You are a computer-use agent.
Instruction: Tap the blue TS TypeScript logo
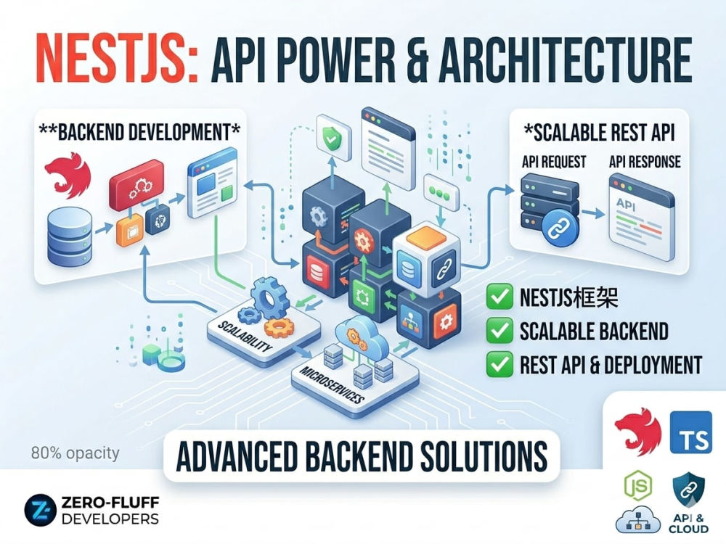pyautogui.click(x=691, y=432)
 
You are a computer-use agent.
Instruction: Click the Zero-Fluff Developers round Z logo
pyautogui.click(x=40, y=511)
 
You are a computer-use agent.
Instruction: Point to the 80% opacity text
pyautogui.click(x=75, y=453)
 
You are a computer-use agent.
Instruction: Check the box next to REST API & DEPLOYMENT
pyautogui.click(x=499, y=364)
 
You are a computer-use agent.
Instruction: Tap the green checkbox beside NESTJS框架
pyautogui.click(x=499, y=297)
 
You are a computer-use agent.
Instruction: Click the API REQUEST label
pyautogui.click(x=554, y=162)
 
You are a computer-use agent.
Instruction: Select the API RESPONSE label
pyautogui.click(x=645, y=162)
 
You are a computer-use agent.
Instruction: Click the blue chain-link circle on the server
pyautogui.click(x=560, y=226)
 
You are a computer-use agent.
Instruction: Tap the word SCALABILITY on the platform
pyautogui.click(x=245, y=337)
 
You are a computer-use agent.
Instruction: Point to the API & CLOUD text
pyautogui.click(x=688, y=524)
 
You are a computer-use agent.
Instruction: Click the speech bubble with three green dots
pyautogui.click(x=441, y=192)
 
